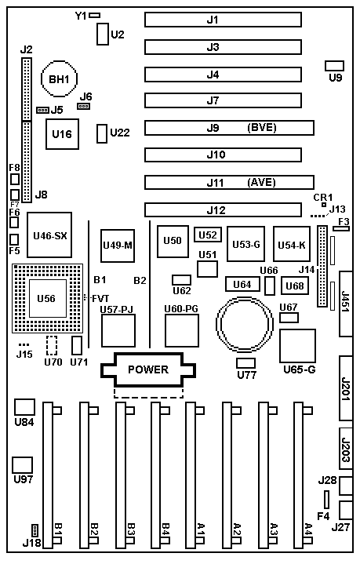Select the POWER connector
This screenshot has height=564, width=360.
147,369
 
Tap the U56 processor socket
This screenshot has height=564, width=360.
48,299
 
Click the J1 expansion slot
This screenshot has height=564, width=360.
223,20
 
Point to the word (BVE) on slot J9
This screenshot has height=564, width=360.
262,128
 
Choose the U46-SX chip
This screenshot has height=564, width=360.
49,235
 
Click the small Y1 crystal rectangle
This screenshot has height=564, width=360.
95,15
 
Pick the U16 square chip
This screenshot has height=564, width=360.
62,134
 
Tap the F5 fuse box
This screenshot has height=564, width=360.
14,239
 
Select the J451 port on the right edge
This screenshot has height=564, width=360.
346,304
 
